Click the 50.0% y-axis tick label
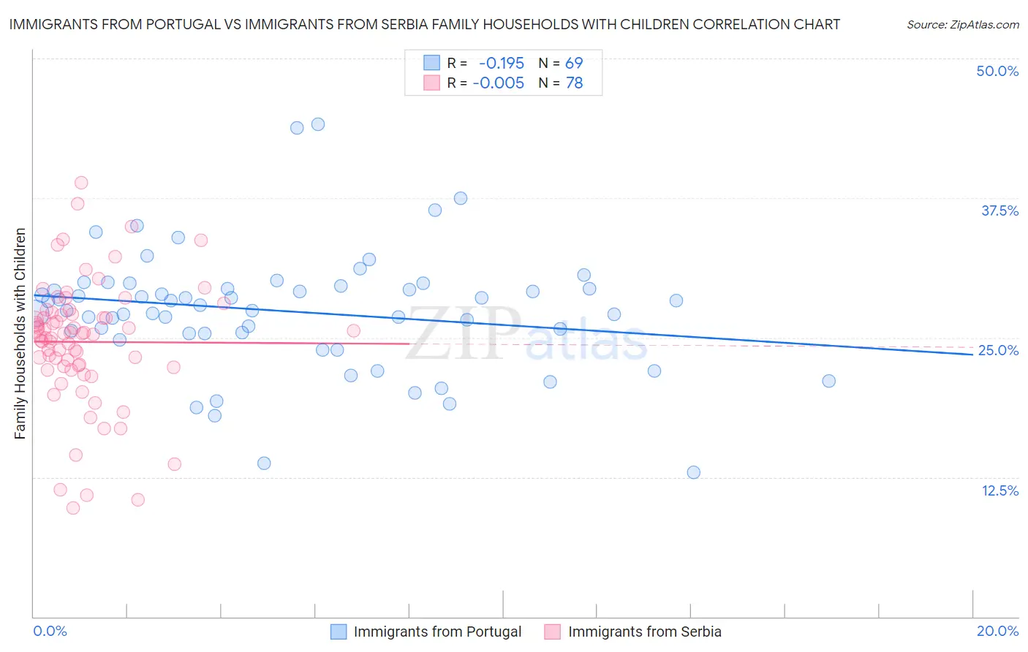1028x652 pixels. tap(997, 71)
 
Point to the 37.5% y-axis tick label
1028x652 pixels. tap(999, 211)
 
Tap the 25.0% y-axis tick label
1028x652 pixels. tap(998, 350)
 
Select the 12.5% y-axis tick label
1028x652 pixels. tap(999, 490)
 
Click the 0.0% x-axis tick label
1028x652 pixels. tap(50, 631)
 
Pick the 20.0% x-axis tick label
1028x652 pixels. tap(997, 631)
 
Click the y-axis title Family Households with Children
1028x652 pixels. tap(20, 333)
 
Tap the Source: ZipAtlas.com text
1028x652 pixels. tap(962, 24)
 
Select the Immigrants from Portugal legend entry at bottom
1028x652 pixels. tap(437, 632)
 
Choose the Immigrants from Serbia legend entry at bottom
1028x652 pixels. tap(644, 632)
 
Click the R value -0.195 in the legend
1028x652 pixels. tap(501, 64)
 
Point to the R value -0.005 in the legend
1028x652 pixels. tap(498, 83)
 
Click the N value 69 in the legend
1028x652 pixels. tap(574, 64)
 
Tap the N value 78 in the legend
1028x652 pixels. tap(574, 83)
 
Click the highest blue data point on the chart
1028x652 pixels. tap(318, 124)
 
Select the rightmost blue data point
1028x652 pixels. tap(828, 381)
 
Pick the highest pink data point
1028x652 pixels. tap(81, 183)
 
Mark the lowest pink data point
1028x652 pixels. tap(73, 508)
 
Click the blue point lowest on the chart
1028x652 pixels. tap(694, 472)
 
